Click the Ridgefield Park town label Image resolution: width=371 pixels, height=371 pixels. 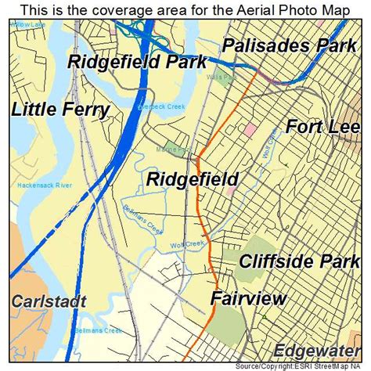click(x=137, y=62)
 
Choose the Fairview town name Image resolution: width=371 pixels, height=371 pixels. click(x=248, y=298)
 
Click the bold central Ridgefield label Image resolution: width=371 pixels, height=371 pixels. click(x=193, y=180)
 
